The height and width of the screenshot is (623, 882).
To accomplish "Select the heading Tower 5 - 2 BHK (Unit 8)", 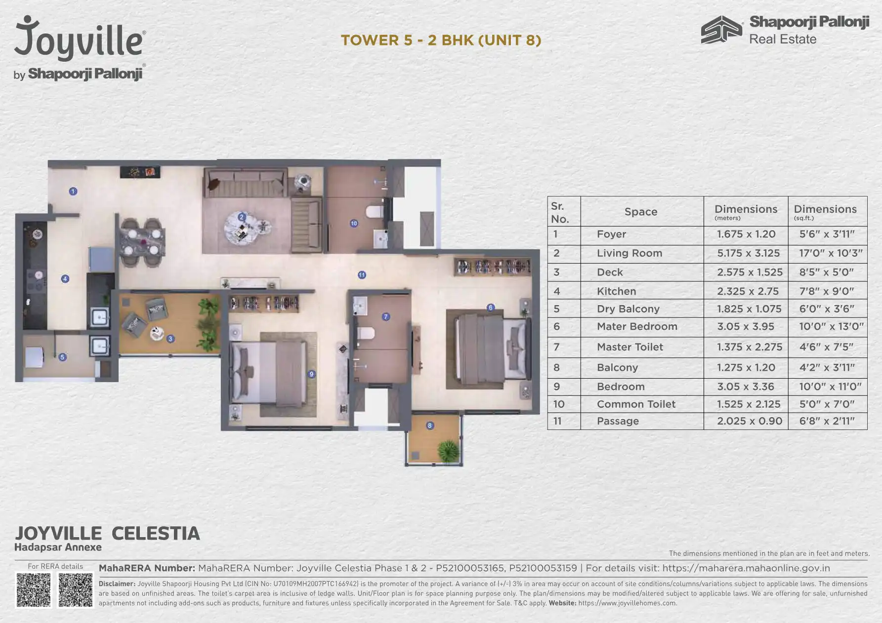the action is point(441,40).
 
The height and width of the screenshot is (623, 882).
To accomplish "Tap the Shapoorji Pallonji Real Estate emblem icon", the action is point(721,30).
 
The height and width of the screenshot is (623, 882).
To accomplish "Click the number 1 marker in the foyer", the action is point(73,191).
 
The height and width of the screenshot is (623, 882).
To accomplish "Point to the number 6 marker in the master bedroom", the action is point(490,308).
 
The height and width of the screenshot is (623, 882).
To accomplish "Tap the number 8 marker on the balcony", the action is point(430,426).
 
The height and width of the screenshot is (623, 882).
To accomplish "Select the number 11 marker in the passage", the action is point(362,275).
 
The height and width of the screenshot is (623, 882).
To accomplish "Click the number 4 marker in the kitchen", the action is point(65,279).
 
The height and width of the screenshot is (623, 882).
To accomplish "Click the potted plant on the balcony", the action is point(448,451).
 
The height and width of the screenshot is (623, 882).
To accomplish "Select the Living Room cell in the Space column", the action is point(629,253).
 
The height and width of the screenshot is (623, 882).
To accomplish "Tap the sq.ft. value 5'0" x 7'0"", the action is point(827,404).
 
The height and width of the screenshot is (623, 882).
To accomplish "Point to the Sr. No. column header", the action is point(560,212).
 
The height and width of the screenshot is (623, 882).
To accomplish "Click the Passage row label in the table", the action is point(618,421).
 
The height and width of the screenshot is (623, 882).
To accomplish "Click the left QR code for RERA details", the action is point(34,590).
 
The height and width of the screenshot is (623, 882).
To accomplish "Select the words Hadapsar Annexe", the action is point(58,547).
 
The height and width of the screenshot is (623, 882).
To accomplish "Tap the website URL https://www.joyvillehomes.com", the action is point(628,603).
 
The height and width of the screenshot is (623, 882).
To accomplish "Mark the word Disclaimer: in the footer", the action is point(117,584).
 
